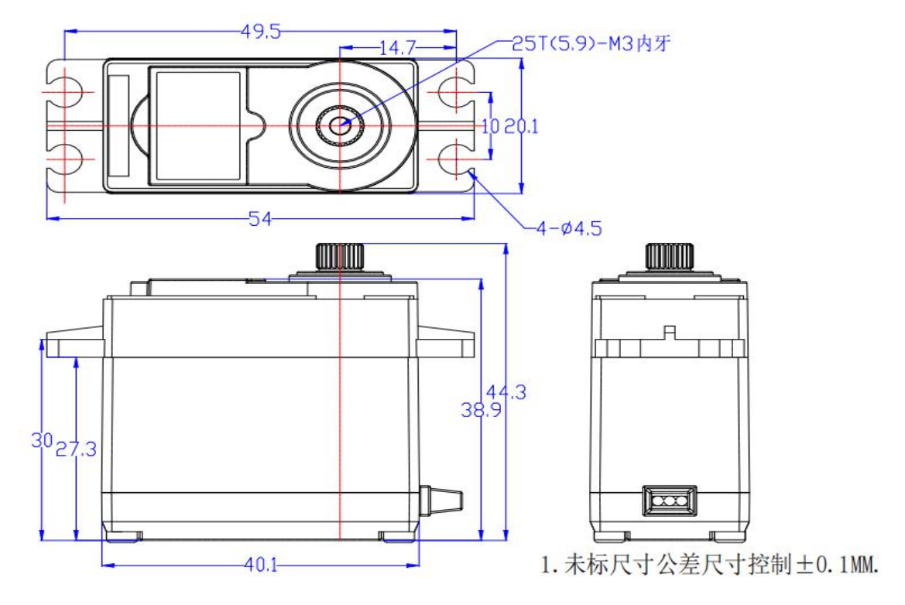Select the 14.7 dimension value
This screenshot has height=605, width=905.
click(397, 48)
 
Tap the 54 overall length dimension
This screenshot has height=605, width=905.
click(259, 219)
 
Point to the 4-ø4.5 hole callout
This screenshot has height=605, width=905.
click(569, 228)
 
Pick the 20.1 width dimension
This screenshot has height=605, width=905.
click(521, 126)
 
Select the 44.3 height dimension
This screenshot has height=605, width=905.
click(506, 392)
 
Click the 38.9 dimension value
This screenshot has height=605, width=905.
click(481, 410)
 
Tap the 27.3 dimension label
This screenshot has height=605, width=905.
click(76, 449)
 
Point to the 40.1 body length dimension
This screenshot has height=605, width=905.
click(260, 565)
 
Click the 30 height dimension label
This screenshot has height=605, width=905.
click(42, 441)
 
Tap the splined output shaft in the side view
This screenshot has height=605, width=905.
click(340, 256)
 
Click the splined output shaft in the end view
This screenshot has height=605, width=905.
click(670, 256)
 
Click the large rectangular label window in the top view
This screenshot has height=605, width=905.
click(198, 125)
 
